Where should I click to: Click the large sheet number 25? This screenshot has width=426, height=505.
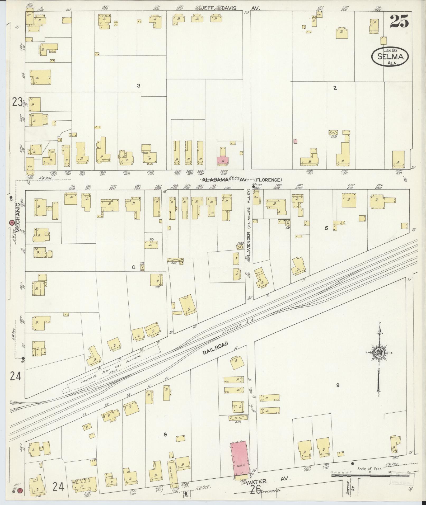coord(399,21)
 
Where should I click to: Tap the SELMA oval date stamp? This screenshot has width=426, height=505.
coord(390,56)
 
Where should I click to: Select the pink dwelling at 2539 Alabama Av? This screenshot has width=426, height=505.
coord(223,160)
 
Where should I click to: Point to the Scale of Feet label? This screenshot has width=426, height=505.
coord(369,469)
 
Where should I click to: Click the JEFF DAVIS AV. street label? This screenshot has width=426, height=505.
coord(230,8)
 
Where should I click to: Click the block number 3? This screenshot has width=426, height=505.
coord(138,86)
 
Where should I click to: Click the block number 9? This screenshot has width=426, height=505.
coord(165,435)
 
